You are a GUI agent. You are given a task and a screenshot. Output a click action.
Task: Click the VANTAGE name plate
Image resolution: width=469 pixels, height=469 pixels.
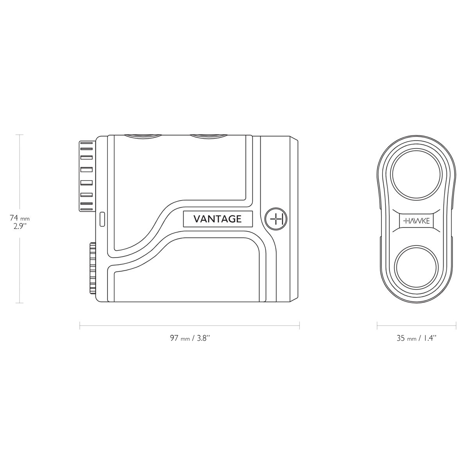pyautogui.click(x=218, y=219)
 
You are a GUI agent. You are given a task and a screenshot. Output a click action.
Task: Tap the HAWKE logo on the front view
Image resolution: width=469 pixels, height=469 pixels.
pyautogui.click(x=416, y=221)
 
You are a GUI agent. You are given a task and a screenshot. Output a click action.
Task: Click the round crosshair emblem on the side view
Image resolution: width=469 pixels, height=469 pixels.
pyautogui.click(x=276, y=219)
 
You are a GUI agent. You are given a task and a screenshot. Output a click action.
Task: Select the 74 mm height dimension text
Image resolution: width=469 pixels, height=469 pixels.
pyautogui.click(x=20, y=218)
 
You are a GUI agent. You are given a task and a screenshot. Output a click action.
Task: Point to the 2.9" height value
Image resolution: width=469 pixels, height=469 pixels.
pyautogui.click(x=20, y=227)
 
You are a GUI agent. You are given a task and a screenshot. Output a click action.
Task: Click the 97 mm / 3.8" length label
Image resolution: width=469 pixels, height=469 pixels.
pyautogui.click(x=190, y=338)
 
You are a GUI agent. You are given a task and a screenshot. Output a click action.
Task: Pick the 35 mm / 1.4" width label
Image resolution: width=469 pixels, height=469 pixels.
pyautogui.click(x=416, y=338)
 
